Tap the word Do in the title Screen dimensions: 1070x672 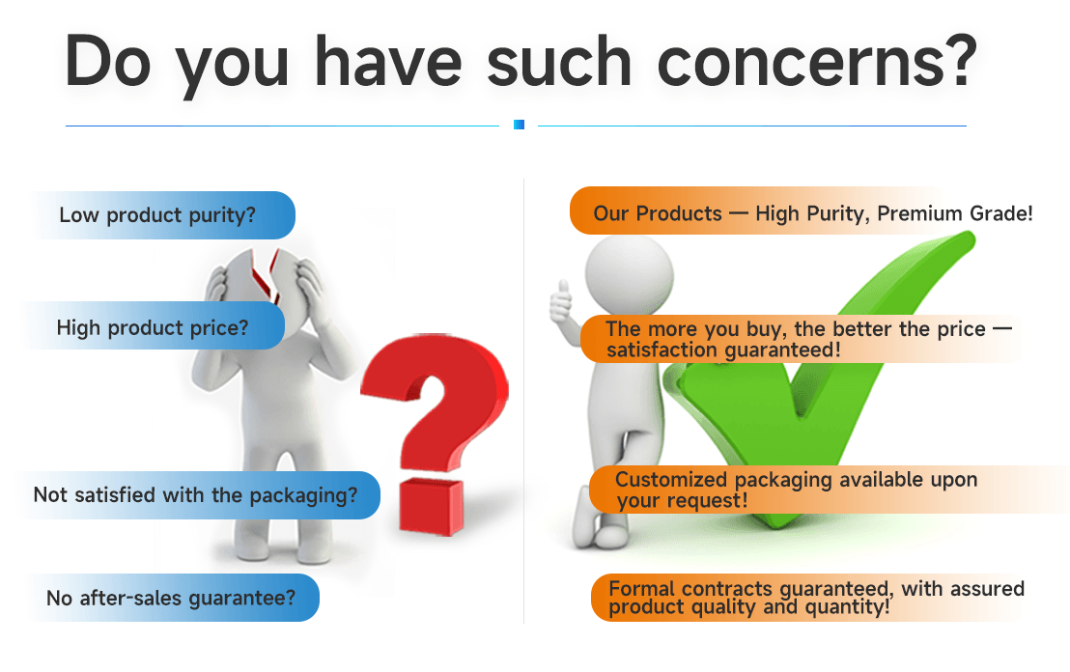108,62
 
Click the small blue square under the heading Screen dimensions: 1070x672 519,125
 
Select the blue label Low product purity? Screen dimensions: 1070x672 165,215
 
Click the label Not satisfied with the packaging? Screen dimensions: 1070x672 199,495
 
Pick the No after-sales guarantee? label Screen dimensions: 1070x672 175,598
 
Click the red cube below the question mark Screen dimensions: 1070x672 432,506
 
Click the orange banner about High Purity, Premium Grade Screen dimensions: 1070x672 802,210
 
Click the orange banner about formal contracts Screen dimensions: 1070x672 808,598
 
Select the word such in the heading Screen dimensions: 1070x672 559,63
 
